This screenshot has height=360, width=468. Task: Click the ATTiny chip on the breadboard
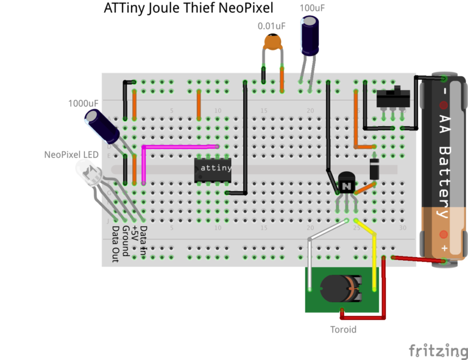pyautogui.click(x=213, y=170)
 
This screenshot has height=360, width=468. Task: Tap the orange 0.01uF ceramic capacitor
pyautogui.click(x=272, y=43)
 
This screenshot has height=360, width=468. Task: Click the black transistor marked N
pyautogui.click(x=346, y=183)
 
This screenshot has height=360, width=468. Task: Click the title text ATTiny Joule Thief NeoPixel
pyautogui.click(x=188, y=8)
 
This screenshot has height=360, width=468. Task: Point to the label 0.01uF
pyautogui.click(x=271, y=26)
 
